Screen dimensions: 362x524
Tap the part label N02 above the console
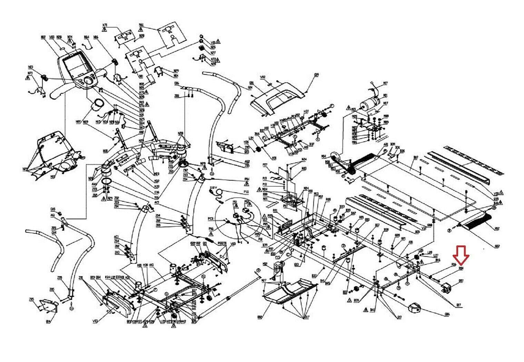tap(43, 37)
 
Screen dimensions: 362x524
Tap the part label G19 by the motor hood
tap(316, 74)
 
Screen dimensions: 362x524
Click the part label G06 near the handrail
tap(177, 83)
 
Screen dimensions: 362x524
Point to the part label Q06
tap(447, 314)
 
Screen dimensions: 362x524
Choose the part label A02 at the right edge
tap(497, 246)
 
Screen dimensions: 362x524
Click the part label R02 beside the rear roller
tap(497, 228)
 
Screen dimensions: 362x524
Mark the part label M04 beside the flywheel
tap(323, 156)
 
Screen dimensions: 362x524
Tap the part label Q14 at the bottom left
tap(48, 321)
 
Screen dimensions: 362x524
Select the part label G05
tap(53, 209)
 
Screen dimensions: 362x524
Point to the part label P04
tap(247, 179)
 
